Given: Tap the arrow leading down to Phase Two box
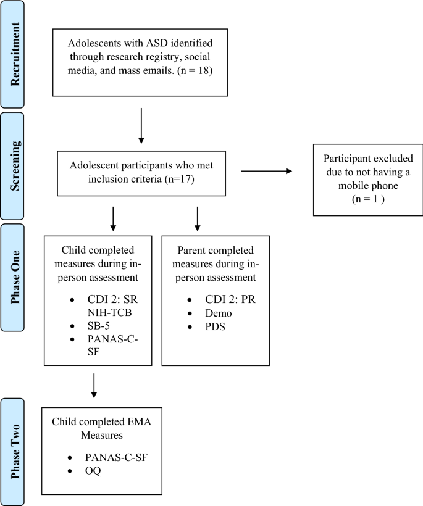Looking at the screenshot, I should tap(93, 386).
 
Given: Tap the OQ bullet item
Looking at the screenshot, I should tap(93, 471).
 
